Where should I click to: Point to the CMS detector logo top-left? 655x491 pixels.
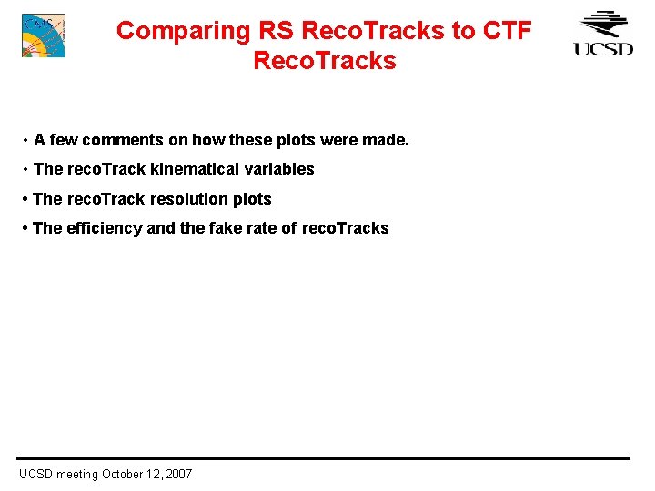click(44, 35)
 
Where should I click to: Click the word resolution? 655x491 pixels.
click(189, 199)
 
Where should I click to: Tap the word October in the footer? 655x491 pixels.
click(126, 474)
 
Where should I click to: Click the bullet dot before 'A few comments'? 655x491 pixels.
click(25, 141)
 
